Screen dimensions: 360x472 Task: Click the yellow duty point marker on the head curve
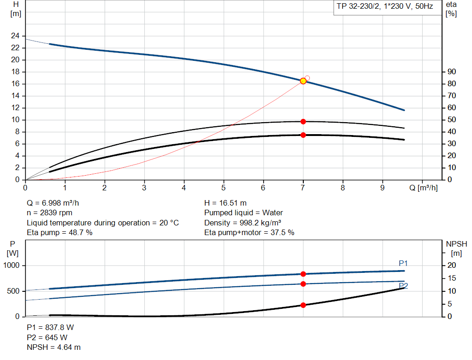tap(303, 81)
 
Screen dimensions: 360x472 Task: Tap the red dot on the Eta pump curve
tap(303, 122)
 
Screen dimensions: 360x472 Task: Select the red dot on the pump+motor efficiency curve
tap(303, 135)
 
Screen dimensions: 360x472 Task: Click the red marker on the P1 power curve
tap(303, 274)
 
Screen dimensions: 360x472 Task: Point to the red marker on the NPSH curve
tap(303, 305)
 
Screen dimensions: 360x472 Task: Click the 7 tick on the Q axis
tap(303, 188)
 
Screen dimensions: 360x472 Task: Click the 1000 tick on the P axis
tap(12, 266)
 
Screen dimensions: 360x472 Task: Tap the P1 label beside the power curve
tap(403, 263)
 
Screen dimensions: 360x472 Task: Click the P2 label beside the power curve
tap(403, 286)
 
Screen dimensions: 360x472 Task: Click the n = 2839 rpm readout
tap(49, 213)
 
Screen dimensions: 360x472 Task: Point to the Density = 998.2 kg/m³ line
tap(243, 223)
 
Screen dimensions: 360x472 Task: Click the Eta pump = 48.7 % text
tap(59, 232)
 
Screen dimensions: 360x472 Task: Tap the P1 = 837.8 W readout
tap(50, 327)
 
